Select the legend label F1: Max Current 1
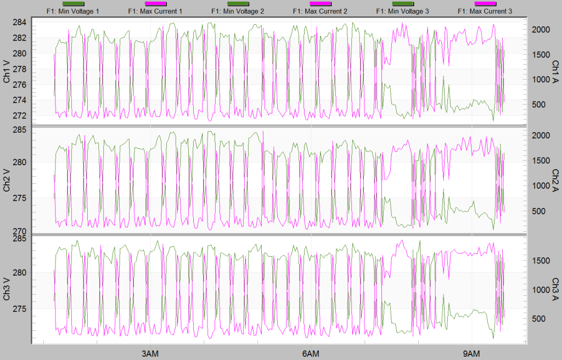tap(155, 11)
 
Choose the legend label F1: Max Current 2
tap(320, 11)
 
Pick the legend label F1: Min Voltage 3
tap(402, 11)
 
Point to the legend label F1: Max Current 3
tap(485, 11)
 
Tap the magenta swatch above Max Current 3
tap(485, 4)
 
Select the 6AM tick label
tap(311, 352)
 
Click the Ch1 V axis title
tap(7, 71)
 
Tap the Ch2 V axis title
tap(7, 180)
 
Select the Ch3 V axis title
tap(7, 289)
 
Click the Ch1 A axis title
tap(555, 71)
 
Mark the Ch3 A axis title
tap(555, 289)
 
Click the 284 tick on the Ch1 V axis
tap(20, 22)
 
